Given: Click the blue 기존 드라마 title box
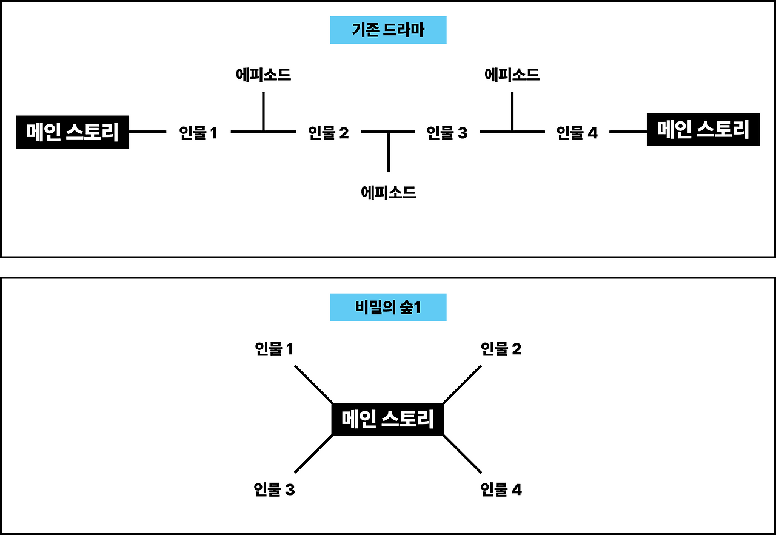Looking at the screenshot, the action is (x=388, y=30).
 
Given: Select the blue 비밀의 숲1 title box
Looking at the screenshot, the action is (x=388, y=308).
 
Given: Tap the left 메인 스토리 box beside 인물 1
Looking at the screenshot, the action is (x=72, y=132).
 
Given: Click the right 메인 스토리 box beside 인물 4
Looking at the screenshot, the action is (x=703, y=130).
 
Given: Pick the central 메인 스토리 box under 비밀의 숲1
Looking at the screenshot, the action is (x=388, y=419).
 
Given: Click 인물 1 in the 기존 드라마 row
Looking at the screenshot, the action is (x=198, y=133).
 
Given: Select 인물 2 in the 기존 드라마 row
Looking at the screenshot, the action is (x=329, y=133).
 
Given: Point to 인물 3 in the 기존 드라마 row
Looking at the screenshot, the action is (x=447, y=133).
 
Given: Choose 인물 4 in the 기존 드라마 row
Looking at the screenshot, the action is (x=577, y=133).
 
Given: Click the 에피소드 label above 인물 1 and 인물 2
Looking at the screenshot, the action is (x=263, y=75).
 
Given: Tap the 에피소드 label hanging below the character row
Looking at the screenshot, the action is (x=388, y=193).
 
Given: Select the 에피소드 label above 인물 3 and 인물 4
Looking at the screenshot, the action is (x=512, y=75).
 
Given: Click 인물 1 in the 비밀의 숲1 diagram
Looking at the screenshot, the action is (x=274, y=349).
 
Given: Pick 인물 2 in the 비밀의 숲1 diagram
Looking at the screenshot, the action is (x=501, y=349).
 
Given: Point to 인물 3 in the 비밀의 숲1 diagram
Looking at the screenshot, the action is (x=274, y=490).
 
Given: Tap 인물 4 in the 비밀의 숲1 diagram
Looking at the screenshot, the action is (x=501, y=490).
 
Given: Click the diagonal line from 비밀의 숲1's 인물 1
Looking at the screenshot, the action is (x=313, y=384).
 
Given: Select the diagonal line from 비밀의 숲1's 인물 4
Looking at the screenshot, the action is (x=463, y=454).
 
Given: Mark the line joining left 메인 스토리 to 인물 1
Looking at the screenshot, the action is (x=147, y=131).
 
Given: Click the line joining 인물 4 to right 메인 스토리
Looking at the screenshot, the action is (x=628, y=131).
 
